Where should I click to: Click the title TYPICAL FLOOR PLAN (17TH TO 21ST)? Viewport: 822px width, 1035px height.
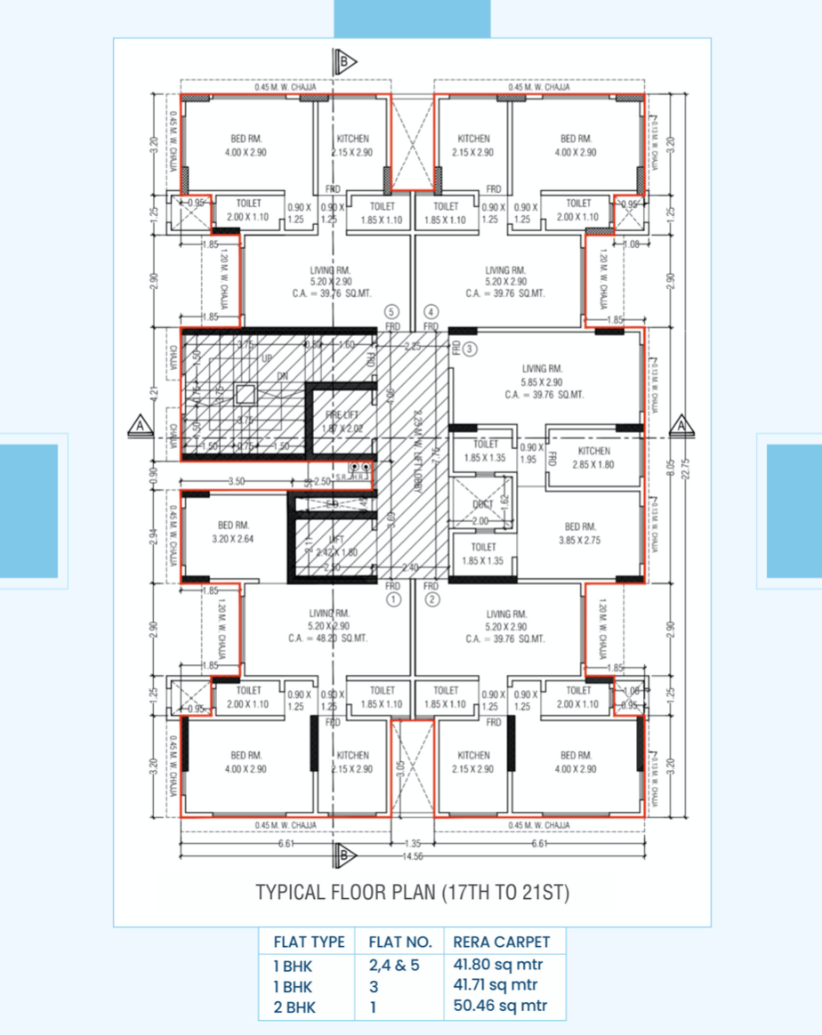pyautogui.click(x=412, y=892)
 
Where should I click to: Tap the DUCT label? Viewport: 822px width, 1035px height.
pyautogui.click(x=483, y=504)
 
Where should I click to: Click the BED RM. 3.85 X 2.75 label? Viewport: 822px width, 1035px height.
pyautogui.click(x=576, y=533)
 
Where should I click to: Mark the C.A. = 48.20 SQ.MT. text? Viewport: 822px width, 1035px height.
pyautogui.click(x=327, y=638)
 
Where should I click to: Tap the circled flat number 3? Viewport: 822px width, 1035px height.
pyautogui.click(x=470, y=349)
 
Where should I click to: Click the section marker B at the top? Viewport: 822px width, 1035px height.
pyautogui.click(x=343, y=61)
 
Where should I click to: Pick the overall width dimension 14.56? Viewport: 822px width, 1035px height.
pyautogui.click(x=411, y=855)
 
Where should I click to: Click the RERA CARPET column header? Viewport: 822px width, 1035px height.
pyautogui.click(x=501, y=942)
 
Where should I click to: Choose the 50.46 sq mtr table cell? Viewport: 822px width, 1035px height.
pyautogui.click(x=498, y=1007)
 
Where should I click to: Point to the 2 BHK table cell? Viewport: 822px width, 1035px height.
pyautogui.click(x=294, y=1007)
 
